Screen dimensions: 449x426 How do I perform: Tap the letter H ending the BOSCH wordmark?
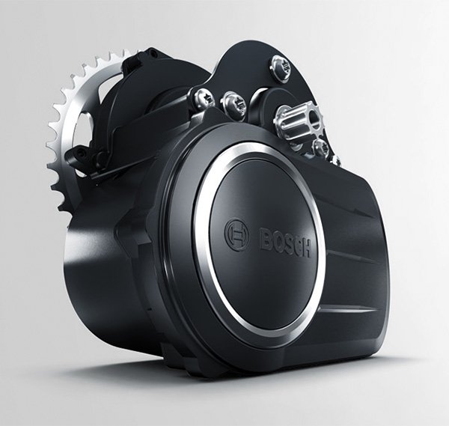[x=305, y=248]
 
